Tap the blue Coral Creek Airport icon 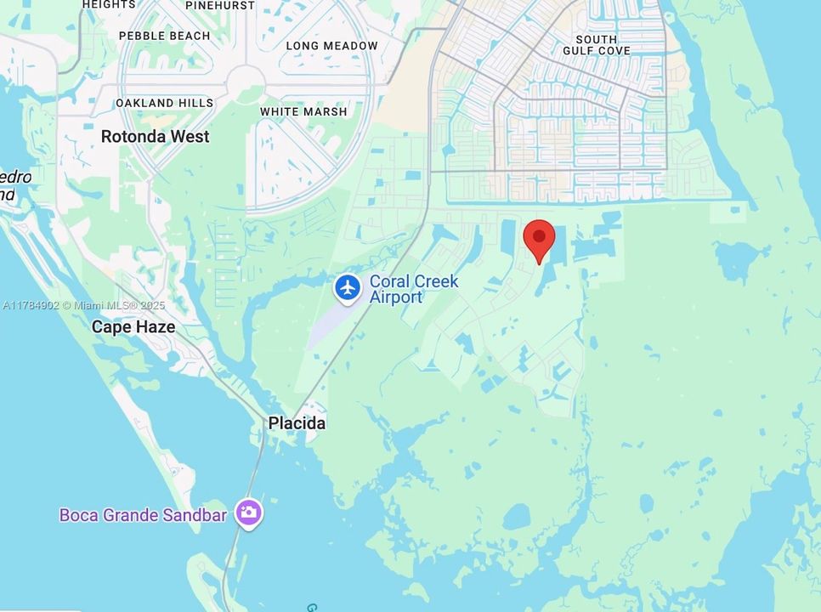tap(348, 287)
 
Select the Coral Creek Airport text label tap(413, 289)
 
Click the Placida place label tap(297, 423)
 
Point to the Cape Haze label tap(133, 326)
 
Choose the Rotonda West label tap(155, 136)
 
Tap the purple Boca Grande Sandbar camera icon tap(249, 513)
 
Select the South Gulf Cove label tap(603, 45)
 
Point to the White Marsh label tap(303, 111)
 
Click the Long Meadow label tap(331, 46)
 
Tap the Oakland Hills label tap(165, 103)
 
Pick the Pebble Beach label tap(164, 36)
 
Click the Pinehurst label tap(219, 5)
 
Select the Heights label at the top tap(108, 4)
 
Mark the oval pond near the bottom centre tap(517, 516)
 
